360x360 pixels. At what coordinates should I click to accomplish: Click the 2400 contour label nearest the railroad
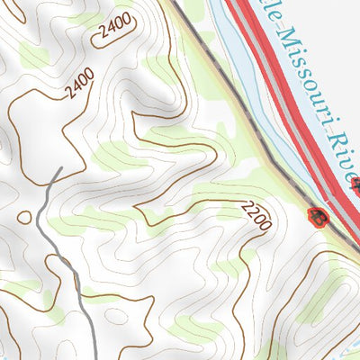click(x=114, y=31)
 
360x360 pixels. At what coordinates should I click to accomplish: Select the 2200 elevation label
click(x=256, y=216)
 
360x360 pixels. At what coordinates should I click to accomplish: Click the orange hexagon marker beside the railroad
click(x=317, y=216)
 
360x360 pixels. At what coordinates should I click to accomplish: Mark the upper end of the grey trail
click(x=58, y=168)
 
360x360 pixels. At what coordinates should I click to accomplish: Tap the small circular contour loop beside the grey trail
click(x=23, y=217)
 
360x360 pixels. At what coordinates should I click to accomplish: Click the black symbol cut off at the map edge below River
click(x=356, y=185)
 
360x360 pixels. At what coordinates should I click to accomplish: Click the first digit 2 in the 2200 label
click(x=245, y=208)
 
